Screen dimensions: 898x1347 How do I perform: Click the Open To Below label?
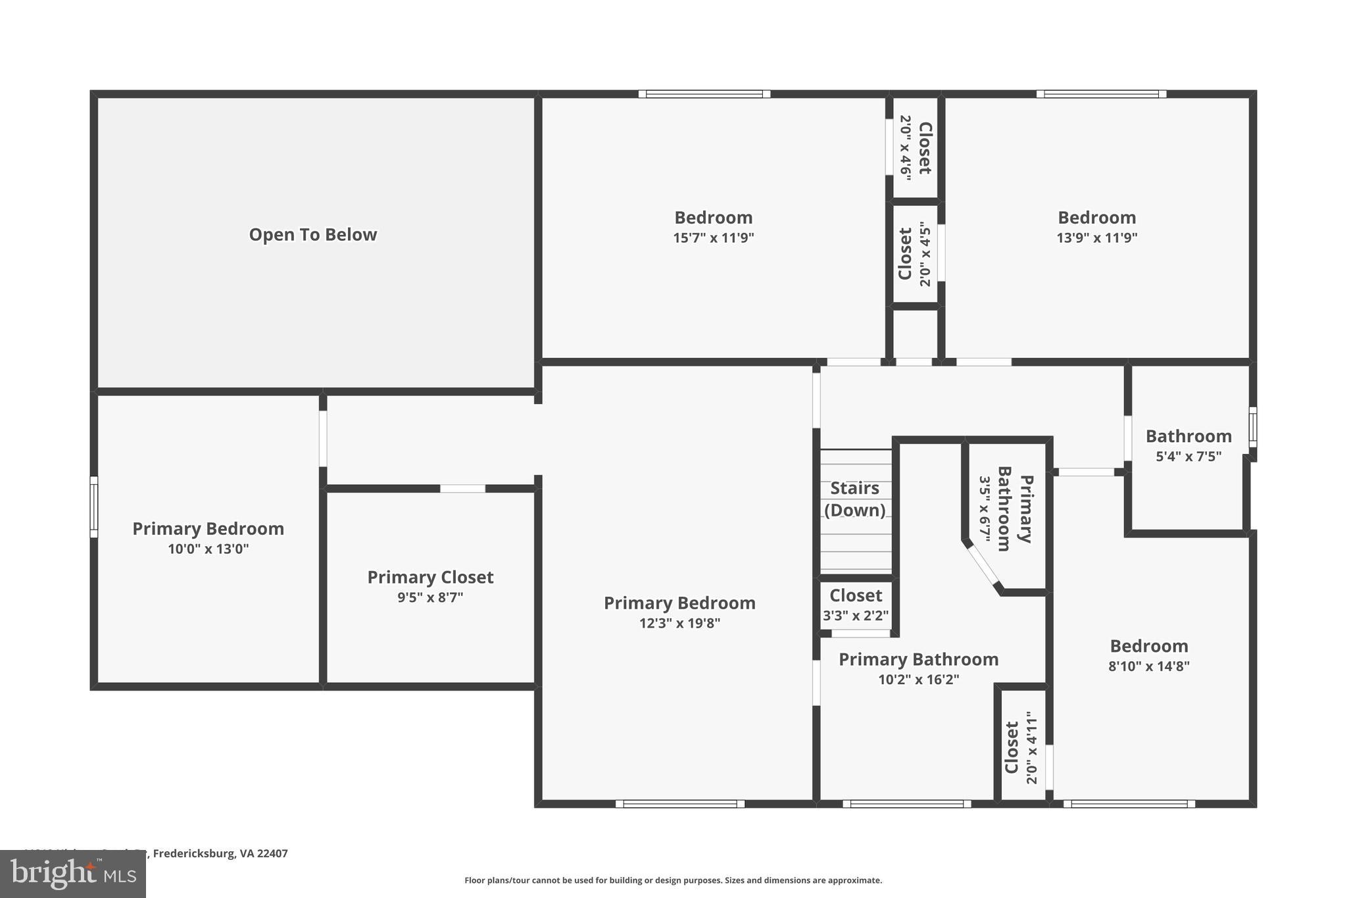(x=312, y=235)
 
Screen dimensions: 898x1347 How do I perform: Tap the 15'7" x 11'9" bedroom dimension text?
(x=713, y=238)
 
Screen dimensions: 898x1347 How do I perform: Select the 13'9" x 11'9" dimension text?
(x=1096, y=238)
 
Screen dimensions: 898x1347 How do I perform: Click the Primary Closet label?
(x=430, y=577)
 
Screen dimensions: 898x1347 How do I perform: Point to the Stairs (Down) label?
(x=854, y=499)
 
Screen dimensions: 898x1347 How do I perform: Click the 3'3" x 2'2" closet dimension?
(x=856, y=616)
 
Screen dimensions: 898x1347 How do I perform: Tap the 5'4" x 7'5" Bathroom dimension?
(x=1188, y=457)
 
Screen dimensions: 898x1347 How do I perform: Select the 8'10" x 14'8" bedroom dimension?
(x=1148, y=666)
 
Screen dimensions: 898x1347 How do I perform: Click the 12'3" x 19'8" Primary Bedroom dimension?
(x=679, y=623)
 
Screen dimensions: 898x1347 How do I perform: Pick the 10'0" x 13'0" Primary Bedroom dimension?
(x=208, y=549)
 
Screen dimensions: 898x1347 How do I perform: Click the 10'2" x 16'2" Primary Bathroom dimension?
(x=918, y=680)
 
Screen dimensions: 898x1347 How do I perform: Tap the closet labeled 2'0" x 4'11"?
(x=1021, y=747)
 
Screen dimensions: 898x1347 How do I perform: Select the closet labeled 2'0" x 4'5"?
(x=915, y=254)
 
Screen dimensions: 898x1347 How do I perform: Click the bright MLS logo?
(x=72, y=874)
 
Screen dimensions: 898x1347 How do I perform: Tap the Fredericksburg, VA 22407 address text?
(x=220, y=853)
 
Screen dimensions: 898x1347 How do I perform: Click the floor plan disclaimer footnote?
(x=673, y=880)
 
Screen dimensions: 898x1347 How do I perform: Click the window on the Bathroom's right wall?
(x=1252, y=427)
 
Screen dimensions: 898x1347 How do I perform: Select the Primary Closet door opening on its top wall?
(x=462, y=488)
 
